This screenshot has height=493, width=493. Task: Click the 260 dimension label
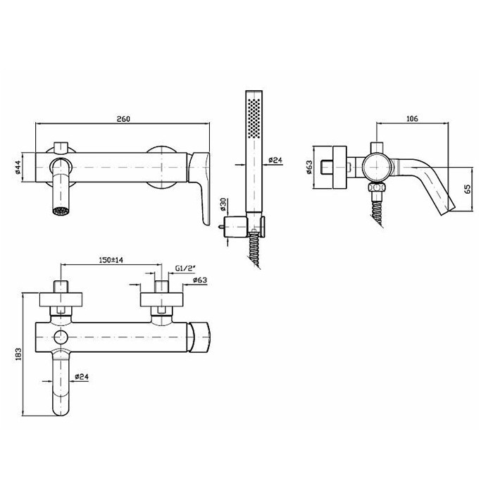[x=123, y=119]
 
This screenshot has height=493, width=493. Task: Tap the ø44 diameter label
[x=18, y=168]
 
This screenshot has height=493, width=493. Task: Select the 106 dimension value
[x=412, y=118]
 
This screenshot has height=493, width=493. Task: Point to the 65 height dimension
[x=468, y=189]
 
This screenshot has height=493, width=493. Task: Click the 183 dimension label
[x=18, y=354]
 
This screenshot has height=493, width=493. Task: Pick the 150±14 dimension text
[x=111, y=260]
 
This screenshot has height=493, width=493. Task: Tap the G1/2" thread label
[x=185, y=268]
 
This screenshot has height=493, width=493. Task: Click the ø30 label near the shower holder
[x=223, y=204]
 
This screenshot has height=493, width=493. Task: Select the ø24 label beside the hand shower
[x=275, y=161]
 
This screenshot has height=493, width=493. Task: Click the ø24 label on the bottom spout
[x=82, y=376]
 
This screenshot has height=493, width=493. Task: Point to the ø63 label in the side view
[x=309, y=167]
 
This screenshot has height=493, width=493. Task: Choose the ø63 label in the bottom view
[x=200, y=280]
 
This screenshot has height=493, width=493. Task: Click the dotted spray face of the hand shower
[x=254, y=118]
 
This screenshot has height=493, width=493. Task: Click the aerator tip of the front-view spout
[x=61, y=211]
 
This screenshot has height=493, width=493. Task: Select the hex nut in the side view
[x=376, y=188]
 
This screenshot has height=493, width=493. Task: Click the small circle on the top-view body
[x=61, y=337]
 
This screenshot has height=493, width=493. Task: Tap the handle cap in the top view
[x=199, y=337]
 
